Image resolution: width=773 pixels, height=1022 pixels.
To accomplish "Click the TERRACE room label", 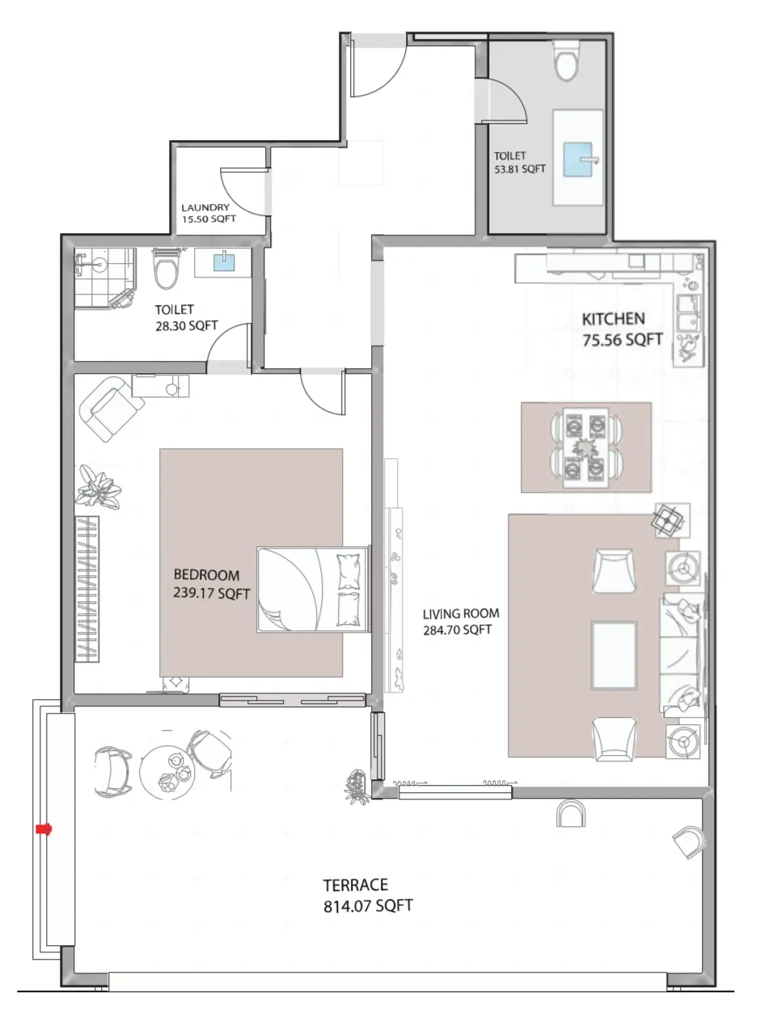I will click(355, 884).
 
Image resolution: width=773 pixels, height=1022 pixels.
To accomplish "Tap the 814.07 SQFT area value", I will click(368, 906).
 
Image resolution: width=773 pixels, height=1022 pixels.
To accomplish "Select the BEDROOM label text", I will click(206, 575).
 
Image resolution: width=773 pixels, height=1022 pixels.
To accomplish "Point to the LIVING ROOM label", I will click(460, 613).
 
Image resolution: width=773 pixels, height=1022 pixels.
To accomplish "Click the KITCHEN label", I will click(613, 319).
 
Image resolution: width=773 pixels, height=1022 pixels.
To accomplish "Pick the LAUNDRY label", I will click(205, 207).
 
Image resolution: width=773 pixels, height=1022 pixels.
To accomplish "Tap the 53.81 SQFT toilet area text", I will click(519, 170).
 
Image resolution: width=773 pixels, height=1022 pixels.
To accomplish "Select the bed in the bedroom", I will click(313, 588).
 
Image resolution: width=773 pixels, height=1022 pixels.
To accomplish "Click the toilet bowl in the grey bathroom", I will click(566, 61).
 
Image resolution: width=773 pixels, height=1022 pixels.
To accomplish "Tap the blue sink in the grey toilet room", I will click(578, 159).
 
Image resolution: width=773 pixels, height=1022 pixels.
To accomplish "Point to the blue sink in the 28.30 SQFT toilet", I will click(222, 261).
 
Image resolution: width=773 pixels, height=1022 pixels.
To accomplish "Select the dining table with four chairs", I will click(585, 447).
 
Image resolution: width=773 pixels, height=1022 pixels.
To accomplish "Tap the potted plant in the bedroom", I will click(99, 487).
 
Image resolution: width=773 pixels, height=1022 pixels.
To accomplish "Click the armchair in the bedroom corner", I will click(107, 409).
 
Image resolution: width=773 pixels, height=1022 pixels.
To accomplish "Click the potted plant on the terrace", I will click(354, 782).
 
